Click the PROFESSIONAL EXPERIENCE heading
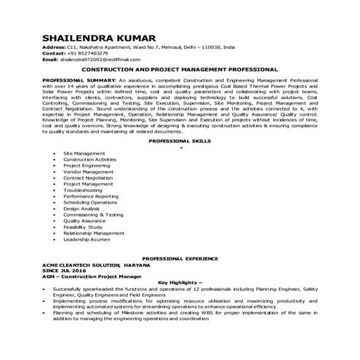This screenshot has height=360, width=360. (x=180, y=259)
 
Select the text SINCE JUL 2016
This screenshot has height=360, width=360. (x=65, y=271)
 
